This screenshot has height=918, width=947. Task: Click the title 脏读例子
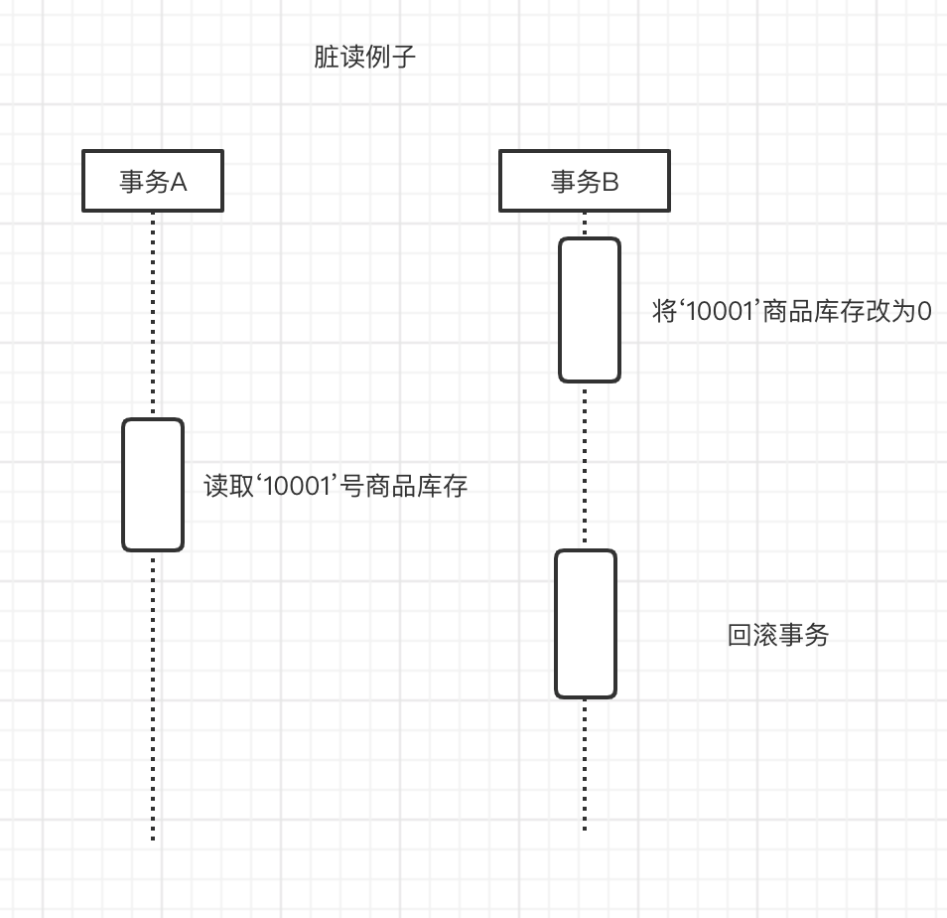click(x=364, y=58)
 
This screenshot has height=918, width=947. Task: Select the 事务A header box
click(x=153, y=181)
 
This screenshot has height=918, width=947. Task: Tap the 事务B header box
click(x=584, y=181)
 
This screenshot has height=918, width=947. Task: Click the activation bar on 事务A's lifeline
click(x=153, y=485)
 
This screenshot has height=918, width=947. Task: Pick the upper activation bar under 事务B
click(x=589, y=310)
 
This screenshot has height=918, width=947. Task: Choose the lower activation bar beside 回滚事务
click(x=586, y=624)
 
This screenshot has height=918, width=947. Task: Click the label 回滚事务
click(x=778, y=636)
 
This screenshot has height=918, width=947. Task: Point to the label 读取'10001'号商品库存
click(x=336, y=487)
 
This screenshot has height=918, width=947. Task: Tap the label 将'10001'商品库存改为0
click(x=791, y=312)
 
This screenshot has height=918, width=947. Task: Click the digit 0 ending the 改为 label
click(x=923, y=312)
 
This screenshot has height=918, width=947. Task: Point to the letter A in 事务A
click(x=180, y=182)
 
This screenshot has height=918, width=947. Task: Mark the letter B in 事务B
click(x=610, y=182)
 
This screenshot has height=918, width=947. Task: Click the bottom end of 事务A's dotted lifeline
click(x=153, y=838)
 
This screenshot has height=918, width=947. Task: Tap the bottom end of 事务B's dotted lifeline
click(x=585, y=828)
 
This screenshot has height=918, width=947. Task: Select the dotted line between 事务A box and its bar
click(x=153, y=314)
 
